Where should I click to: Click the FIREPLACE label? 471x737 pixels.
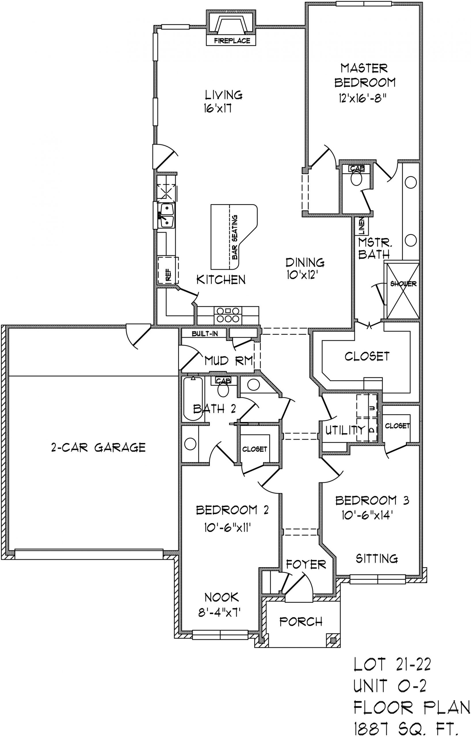tap(232, 40)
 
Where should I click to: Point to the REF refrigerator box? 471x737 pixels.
tap(168, 271)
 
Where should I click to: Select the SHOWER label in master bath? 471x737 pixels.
tap(403, 284)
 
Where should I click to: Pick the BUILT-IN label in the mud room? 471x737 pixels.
tap(205, 334)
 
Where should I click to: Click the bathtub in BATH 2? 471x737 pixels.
tap(193, 399)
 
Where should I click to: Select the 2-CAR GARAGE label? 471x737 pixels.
tap(98, 447)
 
